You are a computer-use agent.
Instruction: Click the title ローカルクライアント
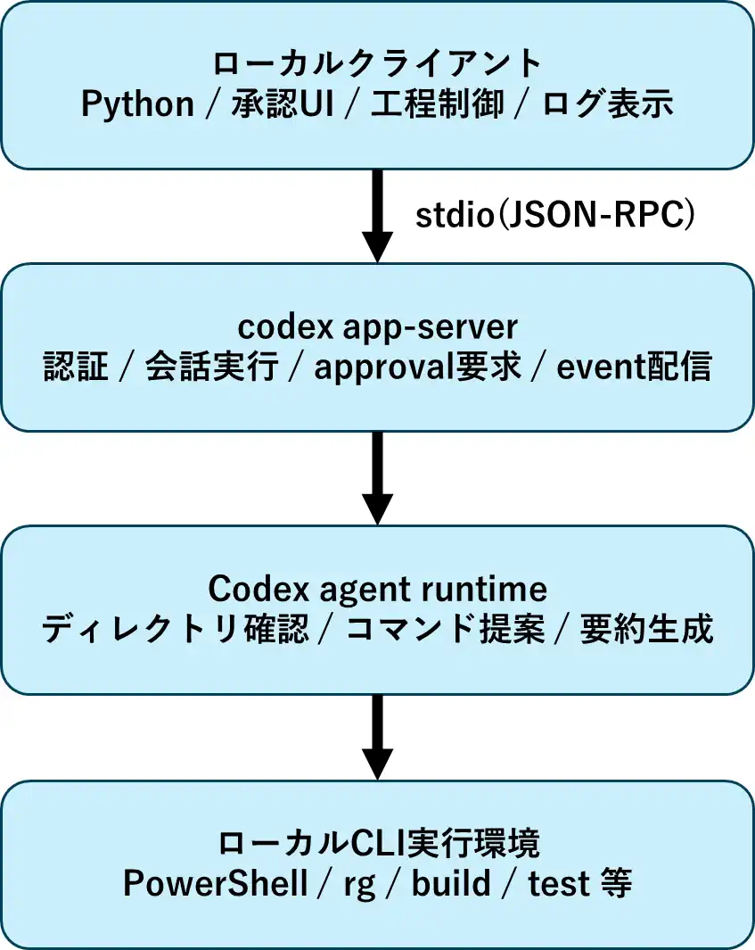click(x=377, y=63)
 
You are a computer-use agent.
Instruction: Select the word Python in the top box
click(x=137, y=104)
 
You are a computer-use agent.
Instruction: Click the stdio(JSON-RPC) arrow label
click(x=555, y=216)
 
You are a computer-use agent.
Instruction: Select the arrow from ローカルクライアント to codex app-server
click(x=377, y=214)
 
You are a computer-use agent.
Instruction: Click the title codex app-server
click(x=377, y=326)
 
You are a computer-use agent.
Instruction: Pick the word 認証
click(x=76, y=368)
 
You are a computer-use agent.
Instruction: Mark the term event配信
click(x=634, y=368)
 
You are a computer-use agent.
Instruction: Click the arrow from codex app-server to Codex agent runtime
click(x=377, y=477)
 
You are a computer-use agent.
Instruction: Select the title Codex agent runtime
click(x=377, y=589)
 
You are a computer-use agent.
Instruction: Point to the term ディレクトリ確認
click(x=175, y=630)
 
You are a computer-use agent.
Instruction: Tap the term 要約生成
click(x=646, y=630)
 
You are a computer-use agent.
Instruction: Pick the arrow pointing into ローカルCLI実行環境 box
click(x=377, y=736)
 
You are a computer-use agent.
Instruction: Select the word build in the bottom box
click(x=451, y=884)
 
